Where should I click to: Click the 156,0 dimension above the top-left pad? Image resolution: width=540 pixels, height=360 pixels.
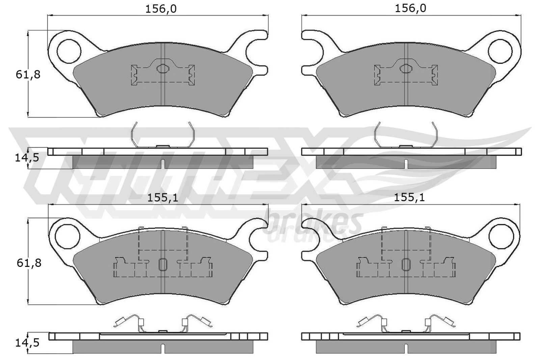pyautogui.click(x=161, y=9)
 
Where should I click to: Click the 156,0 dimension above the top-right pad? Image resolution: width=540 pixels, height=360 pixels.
pyautogui.click(x=410, y=8)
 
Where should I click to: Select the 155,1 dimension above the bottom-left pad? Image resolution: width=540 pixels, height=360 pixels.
pyautogui.click(x=162, y=198)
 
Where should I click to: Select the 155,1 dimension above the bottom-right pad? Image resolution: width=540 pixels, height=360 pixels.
pyautogui.click(x=409, y=198)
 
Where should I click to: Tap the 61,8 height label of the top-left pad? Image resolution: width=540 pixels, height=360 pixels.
pyautogui.click(x=28, y=75)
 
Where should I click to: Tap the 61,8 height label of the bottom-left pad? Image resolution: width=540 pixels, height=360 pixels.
pyautogui.click(x=29, y=263)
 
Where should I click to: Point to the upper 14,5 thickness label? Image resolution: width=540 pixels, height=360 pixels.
pyautogui.click(x=27, y=158)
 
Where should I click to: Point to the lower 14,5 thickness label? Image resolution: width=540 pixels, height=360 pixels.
pyautogui.click(x=27, y=343)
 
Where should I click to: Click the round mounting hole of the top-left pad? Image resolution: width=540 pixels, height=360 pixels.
pyautogui.click(x=69, y=51)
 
